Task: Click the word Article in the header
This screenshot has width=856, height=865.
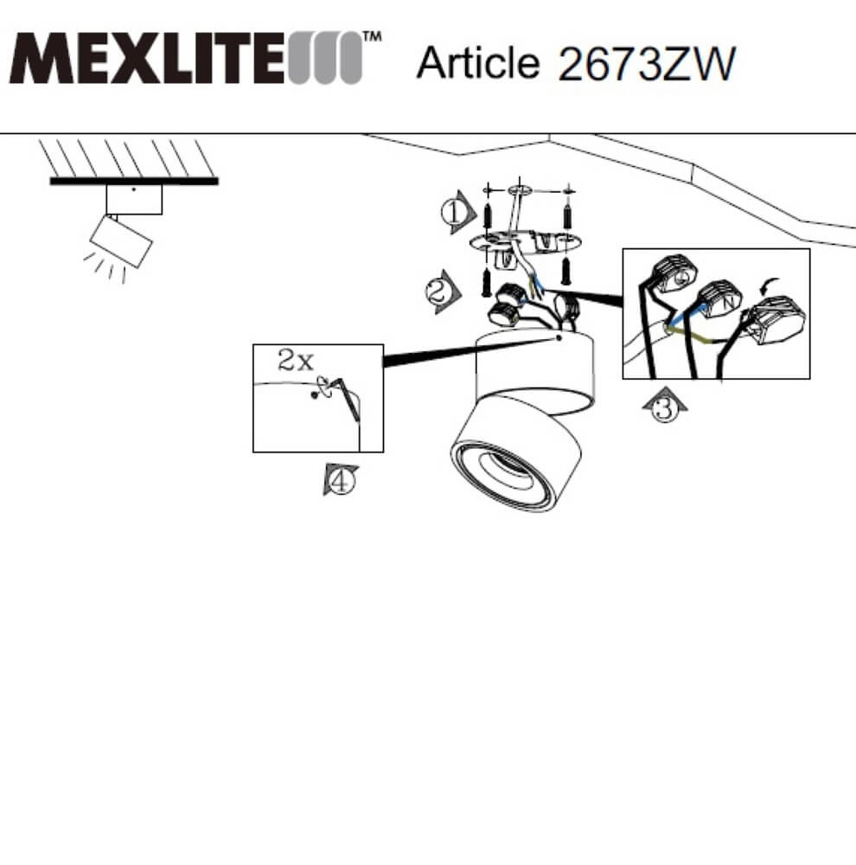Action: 477,62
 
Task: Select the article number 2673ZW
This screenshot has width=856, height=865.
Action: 647,64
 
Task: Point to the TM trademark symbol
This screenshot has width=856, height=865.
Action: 372,36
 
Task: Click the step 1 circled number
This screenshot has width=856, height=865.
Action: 455,213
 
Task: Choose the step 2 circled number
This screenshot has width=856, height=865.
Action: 439,292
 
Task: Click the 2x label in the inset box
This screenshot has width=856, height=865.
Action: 295,360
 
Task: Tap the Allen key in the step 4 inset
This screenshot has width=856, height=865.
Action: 349,400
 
